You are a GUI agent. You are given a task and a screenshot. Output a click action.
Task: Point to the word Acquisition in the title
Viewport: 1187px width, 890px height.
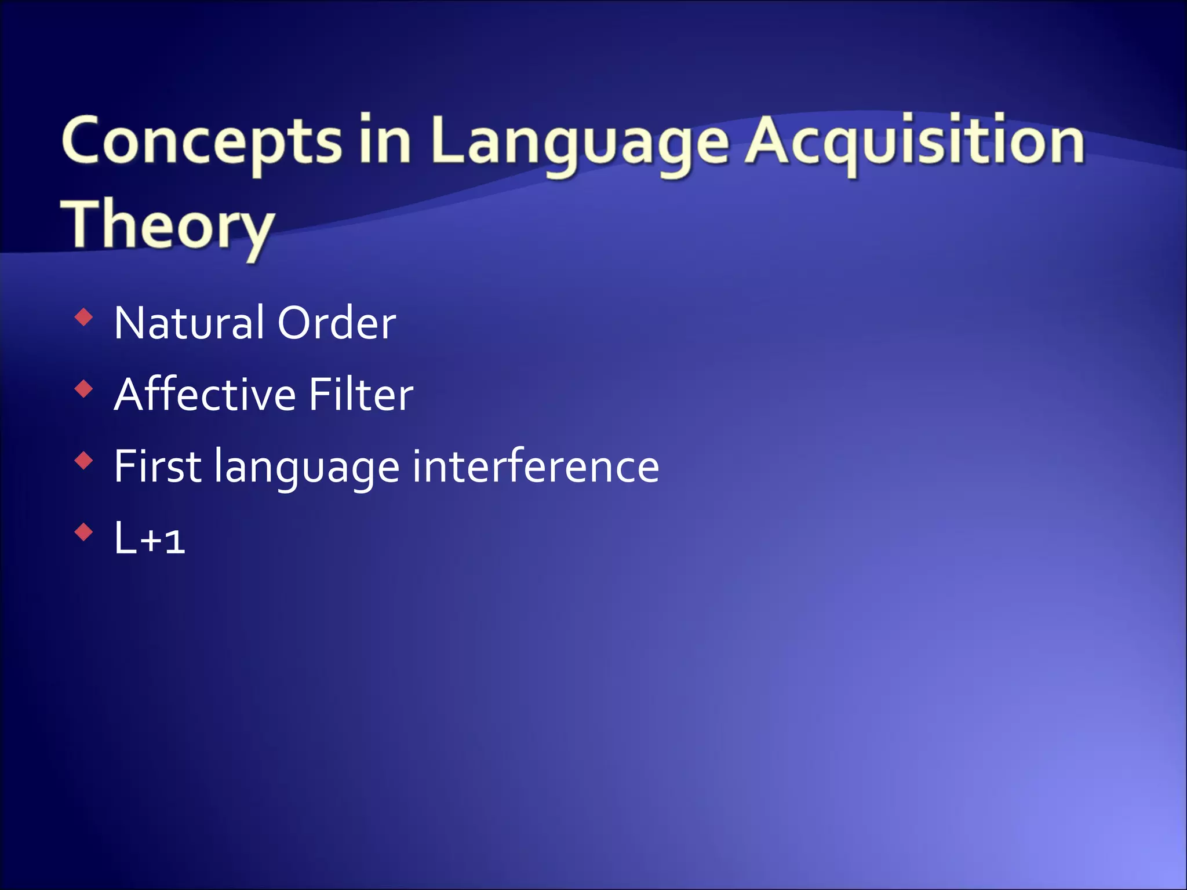pyautogui.click(x=915, y=142)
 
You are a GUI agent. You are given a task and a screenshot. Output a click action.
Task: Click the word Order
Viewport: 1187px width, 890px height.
pyautogui.click(x=337, y=323)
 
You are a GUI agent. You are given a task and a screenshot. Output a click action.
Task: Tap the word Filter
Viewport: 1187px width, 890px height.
pyautogui.click(x=361, y=394)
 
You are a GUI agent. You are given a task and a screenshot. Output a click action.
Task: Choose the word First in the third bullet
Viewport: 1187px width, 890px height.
pyautogui.click(x=157, y=466)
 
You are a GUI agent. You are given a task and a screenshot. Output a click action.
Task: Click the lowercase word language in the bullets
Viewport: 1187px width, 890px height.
pyautogui.click(x=307, y=467)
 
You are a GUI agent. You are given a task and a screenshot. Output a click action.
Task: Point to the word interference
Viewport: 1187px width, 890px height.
pyautogui.click(x=536, y=466)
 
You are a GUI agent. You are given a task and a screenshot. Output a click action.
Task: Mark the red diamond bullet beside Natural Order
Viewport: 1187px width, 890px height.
pyautogui.click(x=84, y=317)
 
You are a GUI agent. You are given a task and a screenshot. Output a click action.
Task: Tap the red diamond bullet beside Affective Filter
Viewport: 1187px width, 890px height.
pyautogui.click(x=84, y=389)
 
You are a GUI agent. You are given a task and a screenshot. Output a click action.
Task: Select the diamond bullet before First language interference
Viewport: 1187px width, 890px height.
pyautogui.click(x=84, y=461)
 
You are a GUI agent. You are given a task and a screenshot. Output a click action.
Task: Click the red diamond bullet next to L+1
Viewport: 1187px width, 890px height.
pyautogui.click(x=84, y=532)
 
